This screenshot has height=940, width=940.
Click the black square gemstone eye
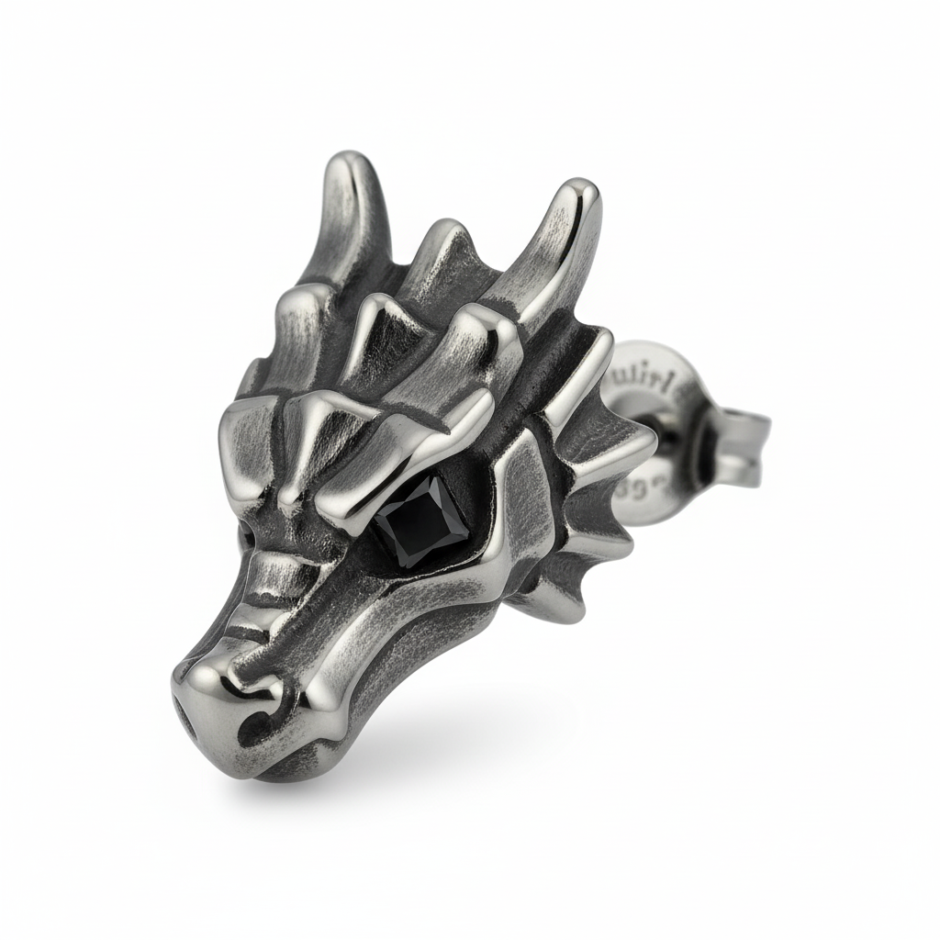point(425,520)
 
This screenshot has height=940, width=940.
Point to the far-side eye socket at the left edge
point(246,532)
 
